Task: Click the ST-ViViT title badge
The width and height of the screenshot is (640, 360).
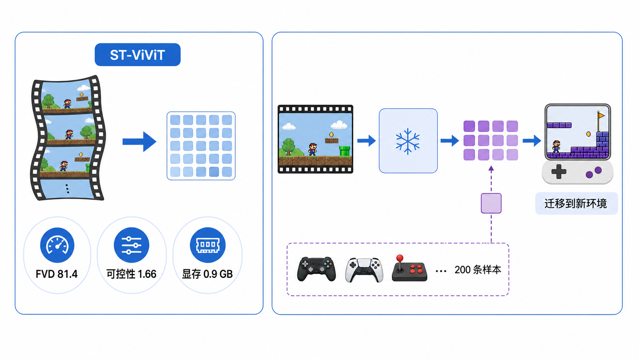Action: pos(137,55)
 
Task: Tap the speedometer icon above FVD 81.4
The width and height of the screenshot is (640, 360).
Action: pos(57,245)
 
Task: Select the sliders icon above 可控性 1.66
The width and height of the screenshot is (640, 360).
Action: pos(131,245)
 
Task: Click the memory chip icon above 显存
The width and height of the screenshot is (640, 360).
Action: pos(208,245)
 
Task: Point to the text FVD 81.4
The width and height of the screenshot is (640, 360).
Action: pos(57,274)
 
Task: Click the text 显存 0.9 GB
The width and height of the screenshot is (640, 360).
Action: pos(207,274)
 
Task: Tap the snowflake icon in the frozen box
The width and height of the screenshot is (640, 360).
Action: pos(408,141)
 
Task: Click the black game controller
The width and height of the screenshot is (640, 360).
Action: pos(316,269)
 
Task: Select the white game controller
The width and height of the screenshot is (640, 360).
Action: pos(364,270)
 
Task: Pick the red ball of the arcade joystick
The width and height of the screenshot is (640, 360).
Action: pos(400,258)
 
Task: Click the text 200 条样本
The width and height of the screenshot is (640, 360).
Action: pos(478,270)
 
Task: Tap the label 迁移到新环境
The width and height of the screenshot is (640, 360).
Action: pos(576,204)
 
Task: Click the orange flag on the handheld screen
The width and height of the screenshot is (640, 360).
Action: pos(601,115)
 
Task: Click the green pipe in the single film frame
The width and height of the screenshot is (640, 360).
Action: pos(344,151)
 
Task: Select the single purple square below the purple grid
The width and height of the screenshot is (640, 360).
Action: pos(491,203)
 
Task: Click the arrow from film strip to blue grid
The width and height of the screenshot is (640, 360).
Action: pos(139,142)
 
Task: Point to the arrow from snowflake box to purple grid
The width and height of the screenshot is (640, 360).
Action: pos(450,140)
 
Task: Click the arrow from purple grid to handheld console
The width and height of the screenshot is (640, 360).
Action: pos(532,140)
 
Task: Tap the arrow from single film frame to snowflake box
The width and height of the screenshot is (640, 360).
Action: pos(367,140)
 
